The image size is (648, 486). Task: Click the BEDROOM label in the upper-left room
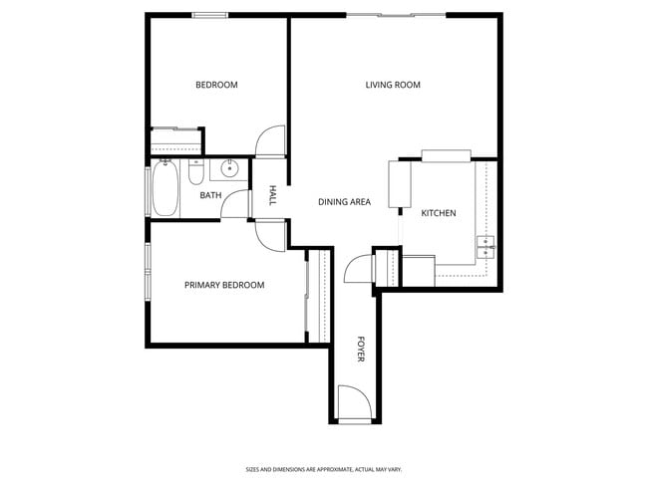[216, 86]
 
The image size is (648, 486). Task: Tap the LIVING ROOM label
[393, 86]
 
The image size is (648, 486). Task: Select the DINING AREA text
[344, 202]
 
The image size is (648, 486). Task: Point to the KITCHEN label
[439, 214]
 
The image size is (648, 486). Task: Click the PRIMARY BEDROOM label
[224, 286]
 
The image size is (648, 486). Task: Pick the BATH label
[210, 195]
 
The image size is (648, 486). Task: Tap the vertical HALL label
[271, 195]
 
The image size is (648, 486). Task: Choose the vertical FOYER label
[361, 350]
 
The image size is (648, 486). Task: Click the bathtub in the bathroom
[165, 190]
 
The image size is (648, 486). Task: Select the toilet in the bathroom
[195, 175]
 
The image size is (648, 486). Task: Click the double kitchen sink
[486, 246]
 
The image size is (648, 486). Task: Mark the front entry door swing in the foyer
[355, 402]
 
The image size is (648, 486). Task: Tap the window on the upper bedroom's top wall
[209, 14]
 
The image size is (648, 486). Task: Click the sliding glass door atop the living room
[396, 14]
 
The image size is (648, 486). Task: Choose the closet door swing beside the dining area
[359, 269]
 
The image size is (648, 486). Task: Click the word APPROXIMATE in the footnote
[316, 469]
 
